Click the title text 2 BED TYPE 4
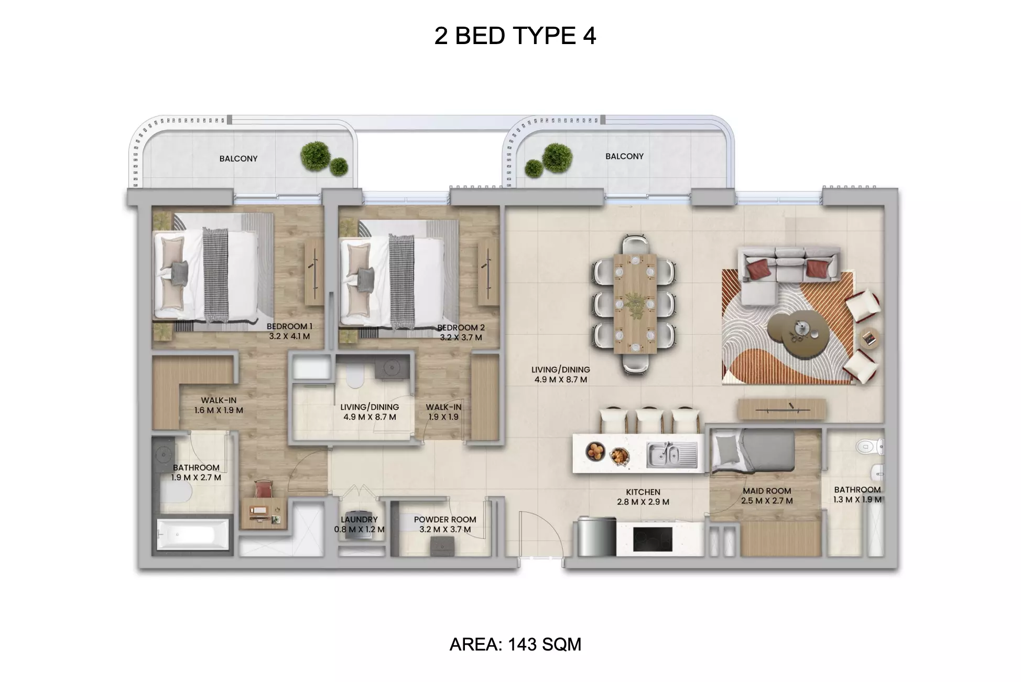click(x=515, y=36)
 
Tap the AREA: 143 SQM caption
click(x=515, y=644)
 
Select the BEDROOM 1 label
click(x=289, y=326)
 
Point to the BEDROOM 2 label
click(x=461, y=327)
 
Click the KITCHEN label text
click(x=643, y=492)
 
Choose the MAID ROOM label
click(x=767, y=491)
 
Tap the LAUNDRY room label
click(x=359, y=519)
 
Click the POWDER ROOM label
click(x=445, y=519)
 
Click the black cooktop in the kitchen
click(x=653, y=539)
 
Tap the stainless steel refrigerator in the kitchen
click(x=597, y=536)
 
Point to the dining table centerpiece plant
click(x=635, y=304)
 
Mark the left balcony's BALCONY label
click(x=238, y=158)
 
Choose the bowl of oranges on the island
click(x=596, y=451)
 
